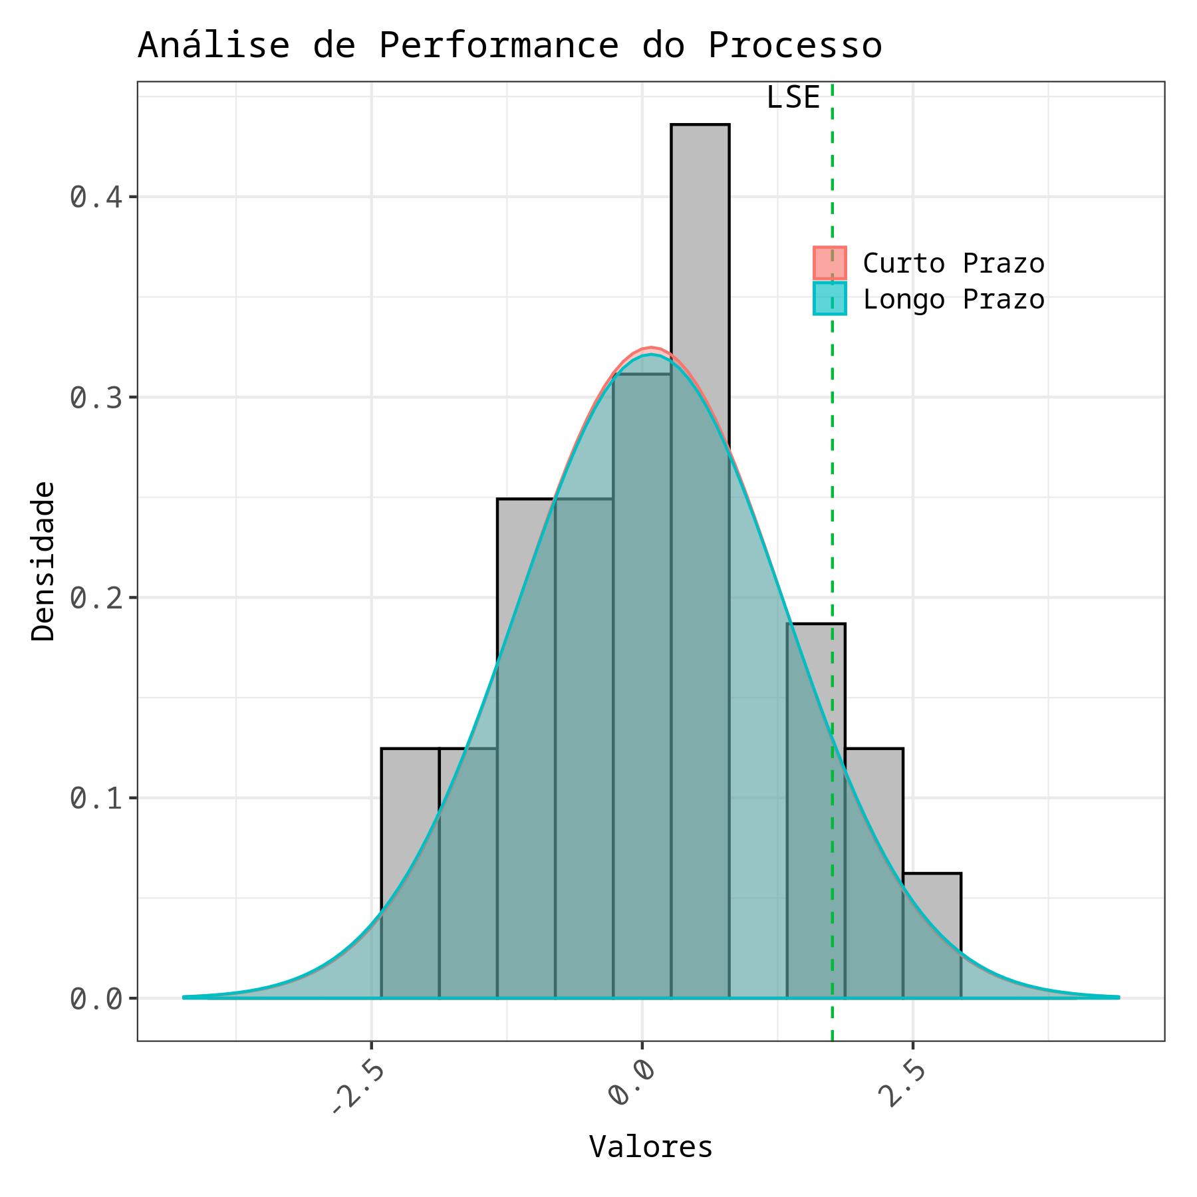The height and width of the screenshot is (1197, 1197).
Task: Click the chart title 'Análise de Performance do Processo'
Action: coord(509,46)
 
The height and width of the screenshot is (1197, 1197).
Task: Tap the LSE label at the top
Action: coord(793,98)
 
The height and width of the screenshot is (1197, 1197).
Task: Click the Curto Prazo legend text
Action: coord(953,263)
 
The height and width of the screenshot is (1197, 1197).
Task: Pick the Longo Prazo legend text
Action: coord(953,299)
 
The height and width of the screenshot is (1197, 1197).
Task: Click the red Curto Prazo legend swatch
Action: coord(829,263)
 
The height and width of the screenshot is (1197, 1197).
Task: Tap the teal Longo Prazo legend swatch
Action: coord(829,299)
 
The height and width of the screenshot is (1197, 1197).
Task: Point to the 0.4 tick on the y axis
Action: coord(96,198)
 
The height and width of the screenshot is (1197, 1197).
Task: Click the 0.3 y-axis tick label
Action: coord(96,398)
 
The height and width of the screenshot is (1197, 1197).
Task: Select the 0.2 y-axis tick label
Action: coord(96,598)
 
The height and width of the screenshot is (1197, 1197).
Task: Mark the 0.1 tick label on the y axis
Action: coord(96,799)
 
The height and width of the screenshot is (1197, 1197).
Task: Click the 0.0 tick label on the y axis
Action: coord(96,999)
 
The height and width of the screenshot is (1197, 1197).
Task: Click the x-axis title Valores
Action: coord(650,1146)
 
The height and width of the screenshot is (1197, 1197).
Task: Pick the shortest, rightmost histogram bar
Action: coord(931,931)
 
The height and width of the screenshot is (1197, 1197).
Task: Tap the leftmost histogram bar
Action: coord(410,864)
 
